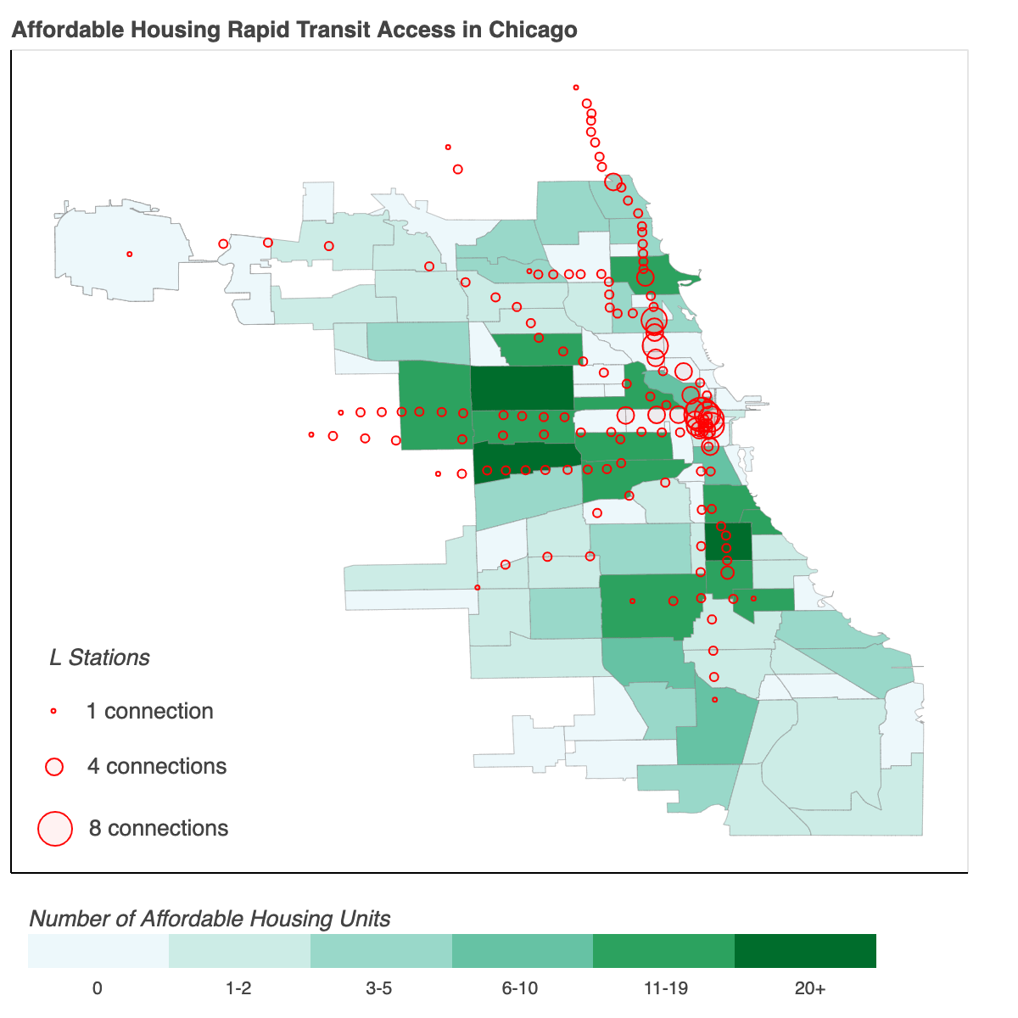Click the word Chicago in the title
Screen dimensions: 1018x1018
[533, 30]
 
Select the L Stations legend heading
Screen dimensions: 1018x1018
[99, 657]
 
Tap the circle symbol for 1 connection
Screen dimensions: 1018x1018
[53, 711]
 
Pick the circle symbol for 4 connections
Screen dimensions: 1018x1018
[54, 767]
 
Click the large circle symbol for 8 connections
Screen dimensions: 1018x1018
[55, 829]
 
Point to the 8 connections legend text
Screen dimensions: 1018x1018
[159, 828]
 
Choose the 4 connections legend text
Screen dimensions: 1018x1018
[157, 766]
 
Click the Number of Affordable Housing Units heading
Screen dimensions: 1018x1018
[210, 919]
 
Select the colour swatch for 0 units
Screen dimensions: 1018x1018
[98, 951]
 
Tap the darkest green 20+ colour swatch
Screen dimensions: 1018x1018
[804, 951]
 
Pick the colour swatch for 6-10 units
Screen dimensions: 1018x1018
[522, 951]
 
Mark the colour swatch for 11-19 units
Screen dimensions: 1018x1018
[663, 951]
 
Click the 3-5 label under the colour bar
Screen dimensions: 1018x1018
[379, 988]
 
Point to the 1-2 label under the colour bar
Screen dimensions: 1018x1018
[238, 988]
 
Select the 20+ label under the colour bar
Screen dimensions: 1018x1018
[809, 988]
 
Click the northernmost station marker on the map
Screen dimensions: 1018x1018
[576, 87]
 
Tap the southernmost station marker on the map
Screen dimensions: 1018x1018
[714, 700]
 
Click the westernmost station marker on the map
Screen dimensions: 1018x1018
[129, 254]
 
